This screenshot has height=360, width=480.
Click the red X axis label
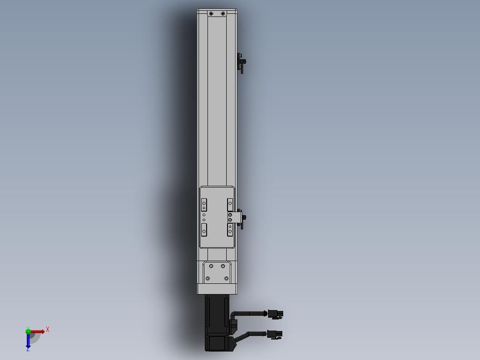(48, 330)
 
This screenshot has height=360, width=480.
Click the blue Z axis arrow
(28, 342)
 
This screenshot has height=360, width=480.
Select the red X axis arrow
(39, 331)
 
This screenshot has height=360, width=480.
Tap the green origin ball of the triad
(28, 331)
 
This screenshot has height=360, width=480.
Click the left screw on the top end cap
(211, 14)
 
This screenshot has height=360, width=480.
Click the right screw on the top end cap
(223, 14)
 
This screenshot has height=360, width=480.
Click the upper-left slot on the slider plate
(204, 205)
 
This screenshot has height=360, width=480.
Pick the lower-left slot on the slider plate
(204, 230)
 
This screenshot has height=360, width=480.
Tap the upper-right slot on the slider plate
(230, 205)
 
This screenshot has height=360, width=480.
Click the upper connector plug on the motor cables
(275, 315)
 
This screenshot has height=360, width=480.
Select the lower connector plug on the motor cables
(275, 334)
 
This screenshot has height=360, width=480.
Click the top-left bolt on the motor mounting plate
(211, 266)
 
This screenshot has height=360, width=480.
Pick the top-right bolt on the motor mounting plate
(223, 266)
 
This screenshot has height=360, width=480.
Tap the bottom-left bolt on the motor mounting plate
(207, 278)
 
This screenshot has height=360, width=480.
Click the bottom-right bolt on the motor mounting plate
(227, 278)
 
